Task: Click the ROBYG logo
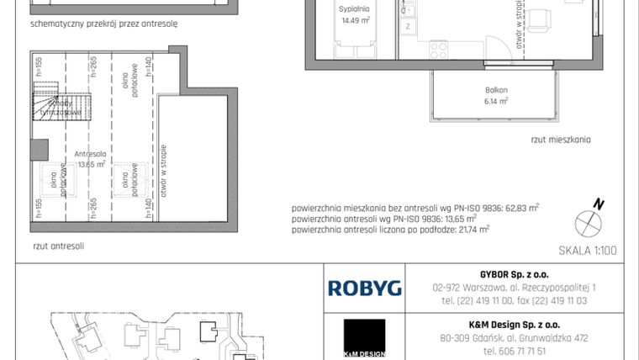[364, 289]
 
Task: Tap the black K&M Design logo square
[364, 336]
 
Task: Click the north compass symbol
[588, 220]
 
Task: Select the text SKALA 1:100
[587, 250]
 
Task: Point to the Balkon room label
[495, 90]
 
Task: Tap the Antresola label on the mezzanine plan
[89, 154]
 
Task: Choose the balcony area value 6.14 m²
[496, 101]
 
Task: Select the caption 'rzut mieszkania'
[561, 140]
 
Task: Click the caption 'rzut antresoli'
[58, 246]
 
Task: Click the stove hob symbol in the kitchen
[438, 50]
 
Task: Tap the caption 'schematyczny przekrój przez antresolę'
[103, 24]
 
